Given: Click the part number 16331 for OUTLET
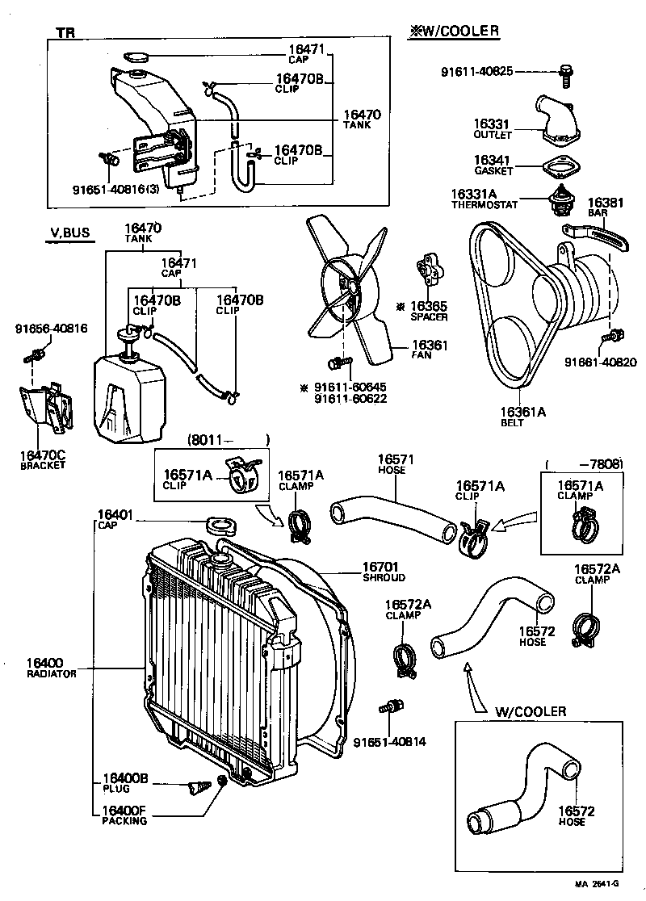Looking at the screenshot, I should [491, 124].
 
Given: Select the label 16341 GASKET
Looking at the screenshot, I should [491, 165].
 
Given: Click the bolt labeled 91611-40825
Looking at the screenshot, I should [565, 75].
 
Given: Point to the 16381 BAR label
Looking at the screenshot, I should [605, 207].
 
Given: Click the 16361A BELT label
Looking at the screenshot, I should [523, 416].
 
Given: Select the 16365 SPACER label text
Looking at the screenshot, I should [428, 311].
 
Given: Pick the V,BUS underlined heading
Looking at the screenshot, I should [69, 234].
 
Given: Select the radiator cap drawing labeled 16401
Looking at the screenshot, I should [220, 526].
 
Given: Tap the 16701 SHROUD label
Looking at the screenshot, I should [383, 572].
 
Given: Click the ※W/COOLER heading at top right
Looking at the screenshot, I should [452, 31].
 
